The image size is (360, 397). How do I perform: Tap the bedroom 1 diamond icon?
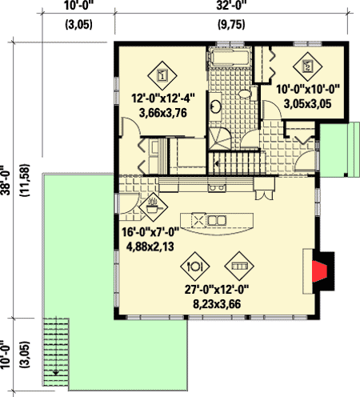click(162, 74)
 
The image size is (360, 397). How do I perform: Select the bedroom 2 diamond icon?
click(306, 66)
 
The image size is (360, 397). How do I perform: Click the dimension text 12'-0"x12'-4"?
click(162, 100)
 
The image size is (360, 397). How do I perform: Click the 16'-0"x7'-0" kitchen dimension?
click(149, 232)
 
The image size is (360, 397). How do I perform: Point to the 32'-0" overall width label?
click(234, 7)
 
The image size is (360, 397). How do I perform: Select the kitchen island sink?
click(217, 219)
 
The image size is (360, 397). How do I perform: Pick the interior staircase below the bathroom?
click(238, 165)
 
